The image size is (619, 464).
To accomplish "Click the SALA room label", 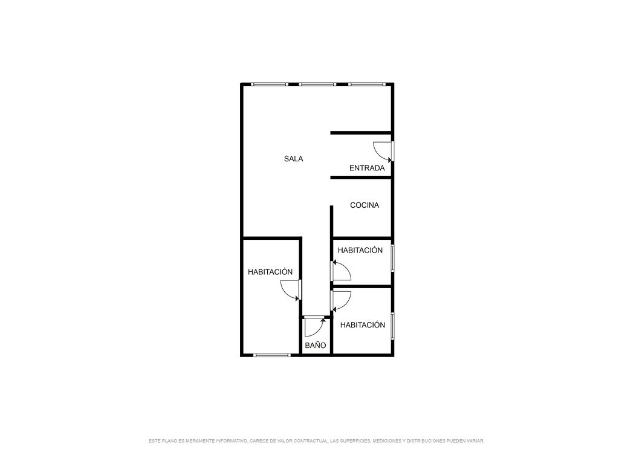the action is click(x=293, y=159).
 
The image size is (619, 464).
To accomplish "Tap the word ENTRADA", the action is click(x=367, y=168).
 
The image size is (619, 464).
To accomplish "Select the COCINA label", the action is click(x=365, y=205).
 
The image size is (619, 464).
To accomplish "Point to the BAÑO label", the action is click(x=316, y=345).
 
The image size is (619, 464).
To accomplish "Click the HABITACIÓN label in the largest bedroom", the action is click(x=270, y=271).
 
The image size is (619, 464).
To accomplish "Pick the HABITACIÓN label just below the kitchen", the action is click(x=360, y=250).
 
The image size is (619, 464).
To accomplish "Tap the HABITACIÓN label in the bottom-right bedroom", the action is click(x=363, y=324).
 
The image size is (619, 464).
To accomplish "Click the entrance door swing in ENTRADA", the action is click(x=383, y=152).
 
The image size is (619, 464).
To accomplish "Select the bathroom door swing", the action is click(x=314, y=326).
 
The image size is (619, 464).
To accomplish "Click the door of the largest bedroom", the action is click(x=291, y=290).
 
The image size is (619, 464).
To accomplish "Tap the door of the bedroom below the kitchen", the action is click(x=341, y=270).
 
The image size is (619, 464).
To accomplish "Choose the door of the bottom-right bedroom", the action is click(x=341, y=301).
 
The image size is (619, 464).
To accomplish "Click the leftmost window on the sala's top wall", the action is click(x=270, y=84).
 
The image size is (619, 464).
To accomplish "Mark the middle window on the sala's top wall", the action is click(x=317, y=84).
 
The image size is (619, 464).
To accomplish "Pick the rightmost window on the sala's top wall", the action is click(x=366, y=84).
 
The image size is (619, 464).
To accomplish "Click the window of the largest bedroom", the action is click(x=271, y=355).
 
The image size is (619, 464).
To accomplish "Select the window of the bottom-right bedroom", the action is click(x=392, y=326).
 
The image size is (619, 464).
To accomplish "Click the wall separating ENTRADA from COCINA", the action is click(x=361, y=178).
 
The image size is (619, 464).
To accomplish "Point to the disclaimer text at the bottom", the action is click(x=316, y=440).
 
